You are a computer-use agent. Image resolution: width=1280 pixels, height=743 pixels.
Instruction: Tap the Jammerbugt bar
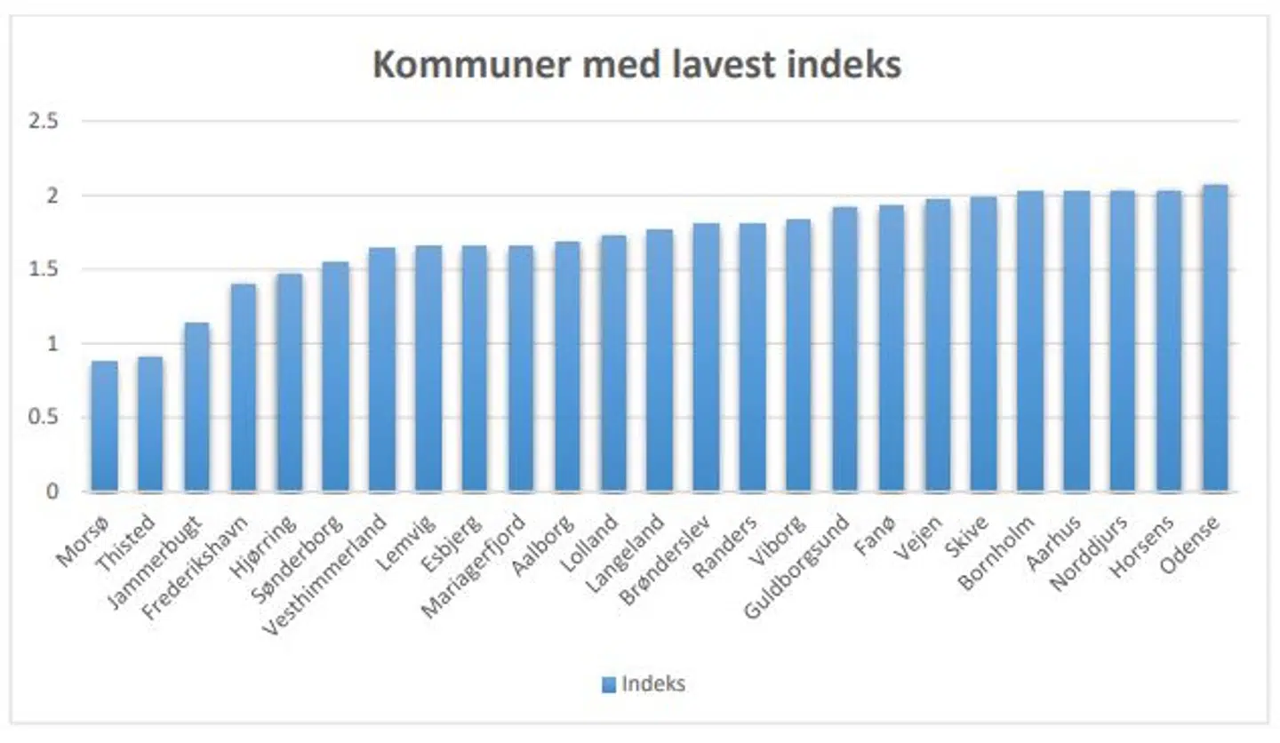(x=196, y=407)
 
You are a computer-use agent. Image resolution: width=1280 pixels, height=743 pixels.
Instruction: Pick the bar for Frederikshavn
(x=243, y=388)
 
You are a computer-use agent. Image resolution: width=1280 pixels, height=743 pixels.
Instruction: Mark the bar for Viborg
(x=798, y=356)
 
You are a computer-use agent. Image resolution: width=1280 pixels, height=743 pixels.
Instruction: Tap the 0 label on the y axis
(x=53, y=492)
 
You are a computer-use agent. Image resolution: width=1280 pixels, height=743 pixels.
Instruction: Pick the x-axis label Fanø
(x=892, y=531)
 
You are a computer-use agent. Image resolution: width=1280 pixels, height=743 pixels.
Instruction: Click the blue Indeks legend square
(x=609, y=684)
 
